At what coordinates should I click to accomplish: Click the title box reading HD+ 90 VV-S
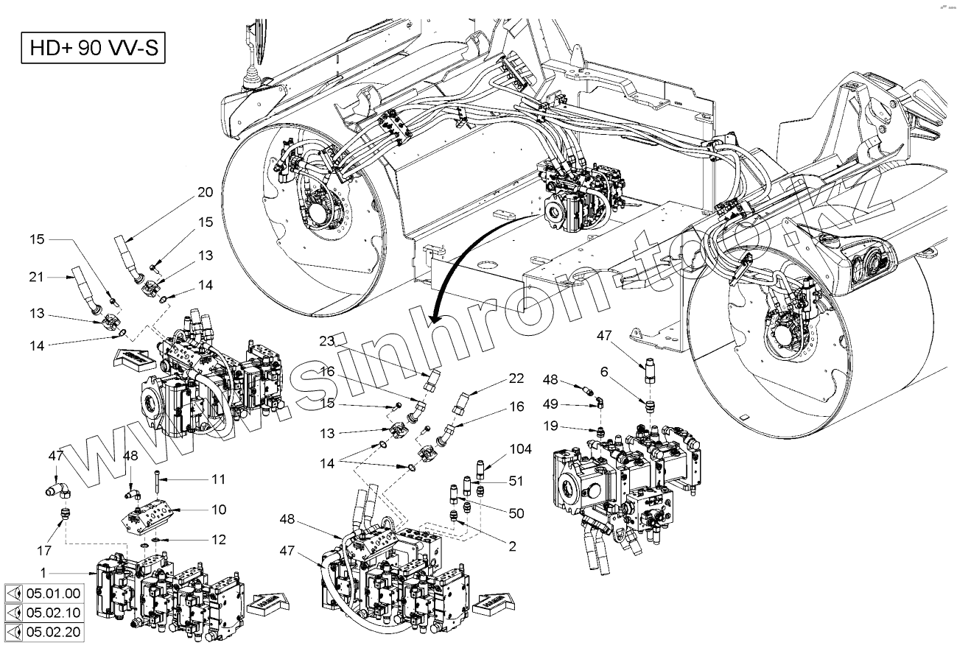pos(91,50)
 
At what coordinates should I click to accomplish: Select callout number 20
pos(204,193)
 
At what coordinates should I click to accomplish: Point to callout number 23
pos(327,341)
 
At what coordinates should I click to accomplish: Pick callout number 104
pos(520,448)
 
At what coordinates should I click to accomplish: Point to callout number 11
pos(217,479)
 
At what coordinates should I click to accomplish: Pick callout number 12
pos(217,540)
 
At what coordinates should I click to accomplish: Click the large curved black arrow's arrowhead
pos(433,317)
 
